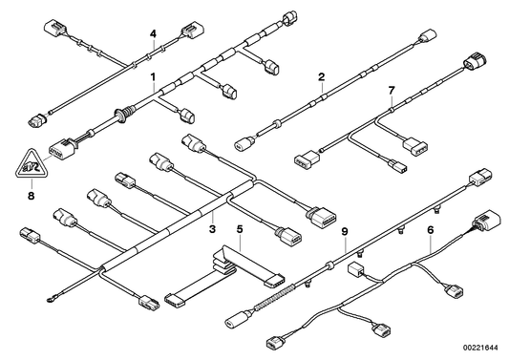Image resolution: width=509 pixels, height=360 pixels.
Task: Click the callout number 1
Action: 153,74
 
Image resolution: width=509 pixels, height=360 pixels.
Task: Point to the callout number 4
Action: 151,34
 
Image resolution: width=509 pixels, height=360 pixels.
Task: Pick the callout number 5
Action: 240,229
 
